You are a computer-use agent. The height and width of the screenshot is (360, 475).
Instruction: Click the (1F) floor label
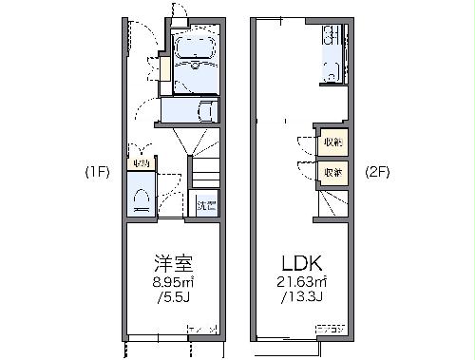(97, 172)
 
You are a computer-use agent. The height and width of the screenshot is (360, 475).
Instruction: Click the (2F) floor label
(377, 172)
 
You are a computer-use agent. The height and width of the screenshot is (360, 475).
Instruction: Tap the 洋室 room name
(174, 263)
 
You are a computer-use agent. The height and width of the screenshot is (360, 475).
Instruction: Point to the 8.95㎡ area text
(174, 282)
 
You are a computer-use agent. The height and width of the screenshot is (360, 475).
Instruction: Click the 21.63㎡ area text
(302, 282)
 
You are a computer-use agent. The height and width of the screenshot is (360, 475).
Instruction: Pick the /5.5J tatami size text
(174, 298)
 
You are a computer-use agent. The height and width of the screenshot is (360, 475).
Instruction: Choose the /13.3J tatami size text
(302, 298)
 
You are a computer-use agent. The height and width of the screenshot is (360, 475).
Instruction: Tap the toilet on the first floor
(142, 198)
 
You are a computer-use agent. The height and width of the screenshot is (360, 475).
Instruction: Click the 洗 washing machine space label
(205, 204)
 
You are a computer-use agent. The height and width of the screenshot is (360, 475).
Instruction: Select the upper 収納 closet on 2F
(332, 142)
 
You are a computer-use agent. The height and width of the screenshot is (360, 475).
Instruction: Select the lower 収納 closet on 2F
(332, 173)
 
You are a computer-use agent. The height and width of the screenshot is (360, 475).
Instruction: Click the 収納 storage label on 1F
(142, 163)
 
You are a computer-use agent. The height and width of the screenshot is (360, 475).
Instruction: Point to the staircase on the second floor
(332, 202)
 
